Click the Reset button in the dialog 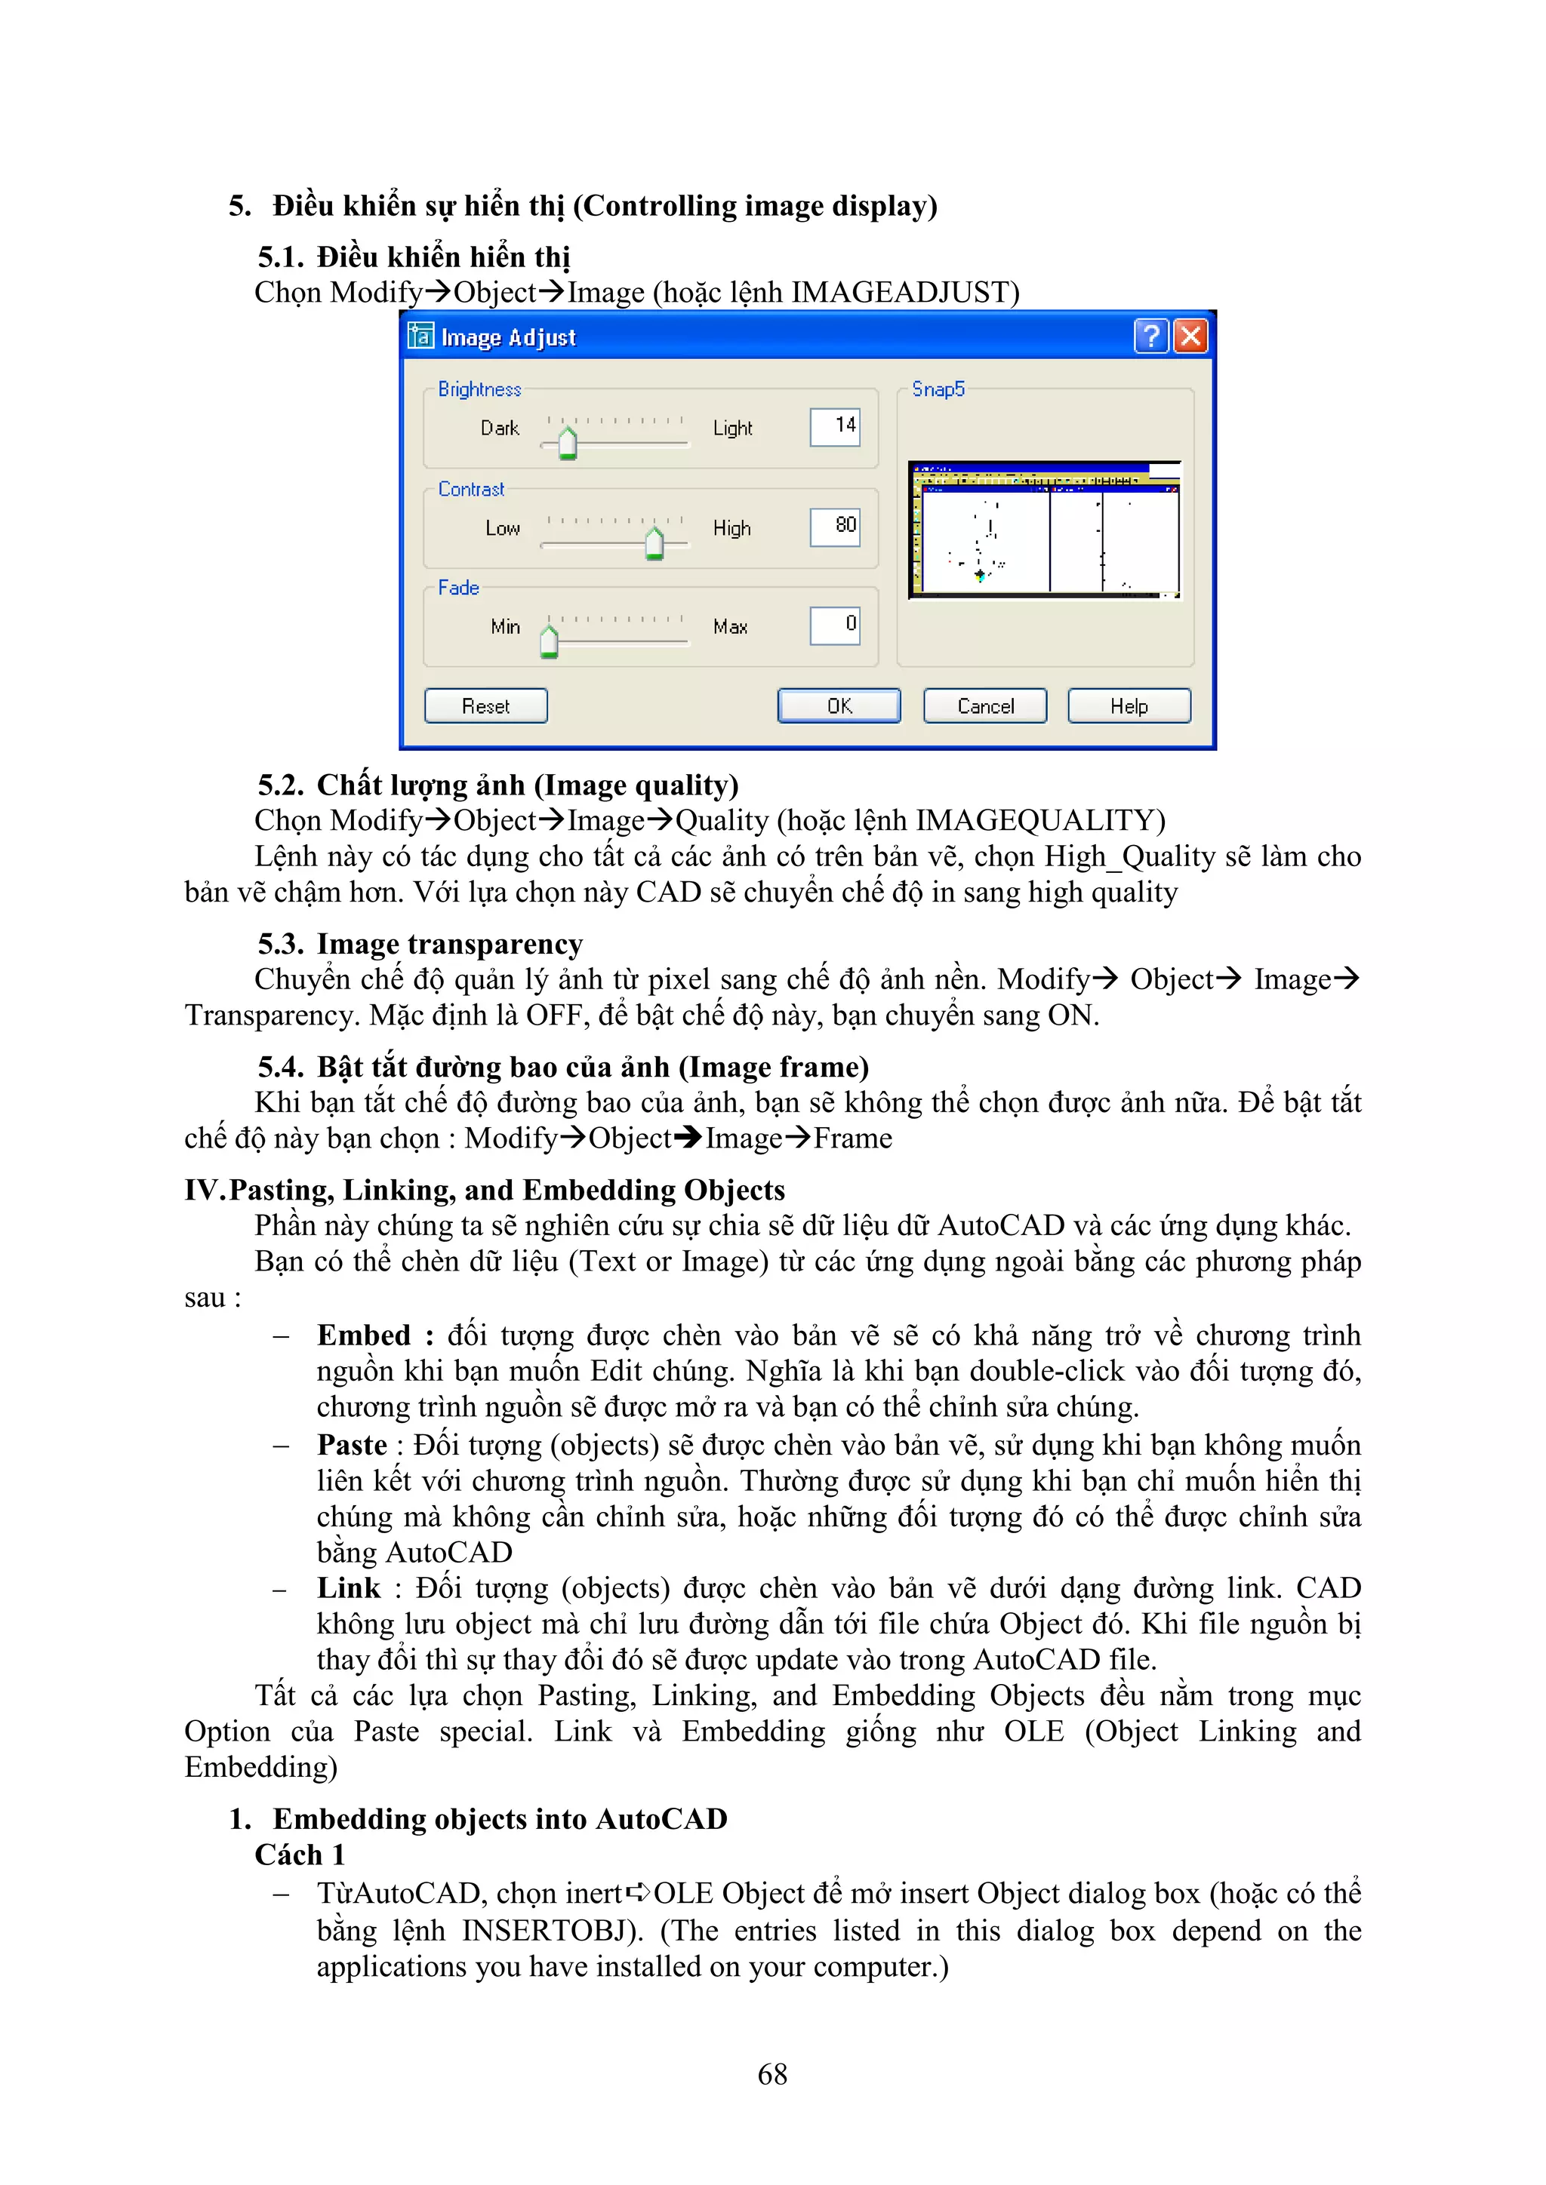[485, 706]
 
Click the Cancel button [985, 706]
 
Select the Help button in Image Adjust [1129, 706]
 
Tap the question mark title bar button [1151, 336]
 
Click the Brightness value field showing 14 [835, 426]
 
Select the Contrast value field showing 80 [835, 527]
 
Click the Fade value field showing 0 [835, 625]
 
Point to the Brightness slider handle [568, 444]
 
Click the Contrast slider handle [654, 543]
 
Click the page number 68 [772, 2075]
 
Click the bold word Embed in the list [364, 1335]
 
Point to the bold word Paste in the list [353, 1445]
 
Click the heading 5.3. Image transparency [420, 944]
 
